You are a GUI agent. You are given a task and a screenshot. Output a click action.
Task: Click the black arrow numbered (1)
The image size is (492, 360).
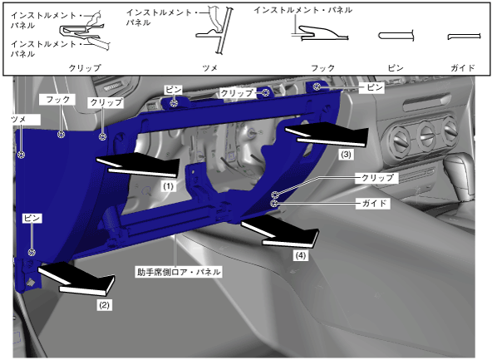click(x=138, y=165)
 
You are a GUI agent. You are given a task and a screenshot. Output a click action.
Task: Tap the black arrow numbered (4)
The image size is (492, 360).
click(x=281, y=232)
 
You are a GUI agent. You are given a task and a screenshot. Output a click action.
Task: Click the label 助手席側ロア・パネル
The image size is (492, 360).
click(x=179, y=272)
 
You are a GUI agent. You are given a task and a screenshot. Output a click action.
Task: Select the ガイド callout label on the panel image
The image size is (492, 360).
click(x=374, y=204)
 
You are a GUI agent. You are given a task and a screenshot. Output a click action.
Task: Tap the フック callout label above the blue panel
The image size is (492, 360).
click(x=57, y=100)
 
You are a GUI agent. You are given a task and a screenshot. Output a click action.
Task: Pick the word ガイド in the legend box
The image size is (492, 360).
click(x=463, y=68)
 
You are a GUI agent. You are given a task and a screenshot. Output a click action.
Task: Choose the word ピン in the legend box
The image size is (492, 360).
click(x=396, y=68)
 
